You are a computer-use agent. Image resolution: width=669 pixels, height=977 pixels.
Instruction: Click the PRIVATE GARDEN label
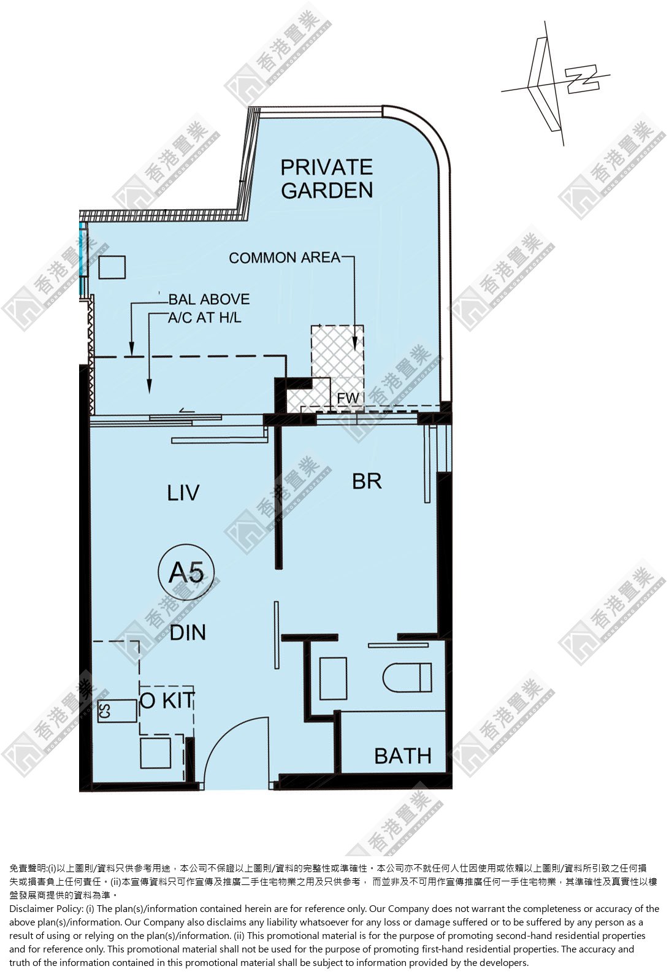click(327, 179)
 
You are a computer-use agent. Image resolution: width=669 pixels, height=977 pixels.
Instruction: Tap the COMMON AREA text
click(285, 258)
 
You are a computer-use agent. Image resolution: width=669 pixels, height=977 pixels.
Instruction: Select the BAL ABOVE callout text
click(209, 299)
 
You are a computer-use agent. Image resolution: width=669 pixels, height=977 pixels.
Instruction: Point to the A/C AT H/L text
click(205, 318)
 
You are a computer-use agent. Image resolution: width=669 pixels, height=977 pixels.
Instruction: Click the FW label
click(348, 398)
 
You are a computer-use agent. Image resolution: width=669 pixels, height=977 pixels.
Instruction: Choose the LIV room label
click(183, 492)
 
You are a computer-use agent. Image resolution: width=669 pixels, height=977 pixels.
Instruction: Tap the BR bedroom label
click(367, 481)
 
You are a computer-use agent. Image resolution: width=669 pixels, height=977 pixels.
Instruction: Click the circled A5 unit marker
click(186, 572)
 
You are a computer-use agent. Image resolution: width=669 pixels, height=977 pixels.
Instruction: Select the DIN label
click(188, 632)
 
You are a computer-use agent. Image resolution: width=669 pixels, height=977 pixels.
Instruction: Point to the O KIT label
click(167, 701)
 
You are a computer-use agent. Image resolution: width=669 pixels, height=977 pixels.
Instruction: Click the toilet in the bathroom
click(407, 678)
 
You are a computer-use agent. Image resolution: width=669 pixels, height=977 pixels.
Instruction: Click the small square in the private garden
click(112, 267)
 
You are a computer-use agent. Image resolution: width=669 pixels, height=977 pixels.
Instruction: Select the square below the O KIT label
click(155, 753)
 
